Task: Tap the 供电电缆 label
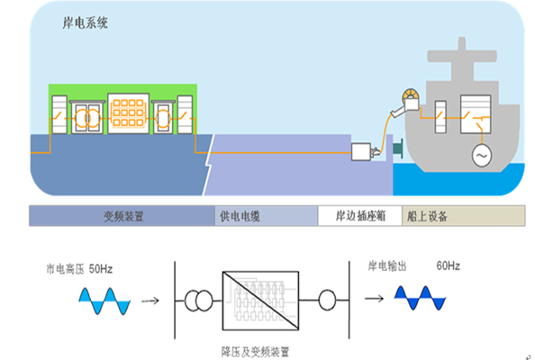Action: tap(240, 217)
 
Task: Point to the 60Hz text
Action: tap(448, 266)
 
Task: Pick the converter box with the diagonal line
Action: tap(260, 298)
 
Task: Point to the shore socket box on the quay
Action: tap(365, 152)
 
